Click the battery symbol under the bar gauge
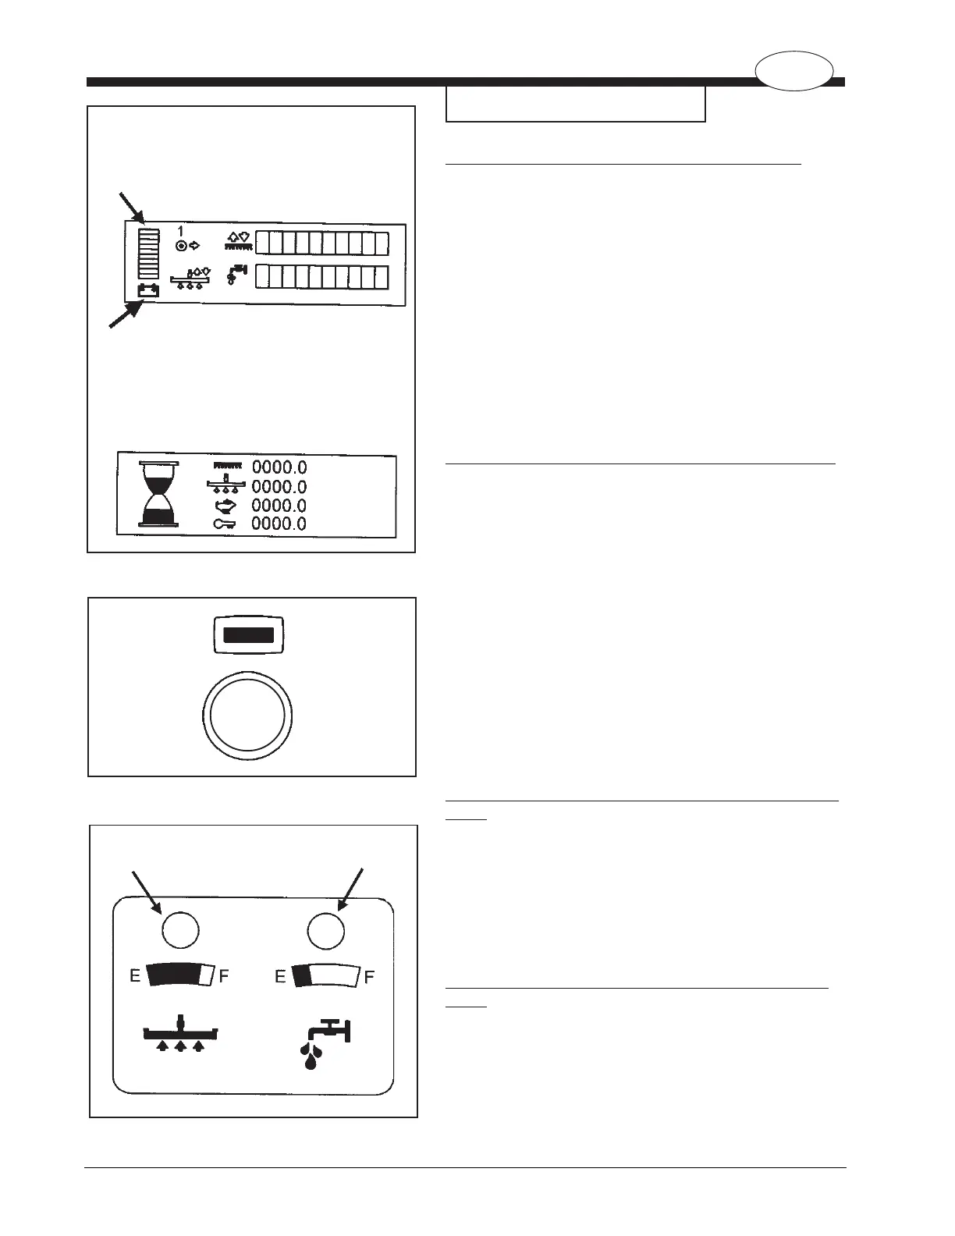148,290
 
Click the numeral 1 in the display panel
180,232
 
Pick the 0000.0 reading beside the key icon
279,524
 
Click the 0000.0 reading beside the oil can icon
279,506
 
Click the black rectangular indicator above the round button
248,634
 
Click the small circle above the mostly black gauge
179,930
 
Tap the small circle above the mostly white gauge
326,930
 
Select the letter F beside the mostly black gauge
224,976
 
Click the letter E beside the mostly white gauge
280,976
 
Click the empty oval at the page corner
793,70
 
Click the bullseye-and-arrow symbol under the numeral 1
188,246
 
